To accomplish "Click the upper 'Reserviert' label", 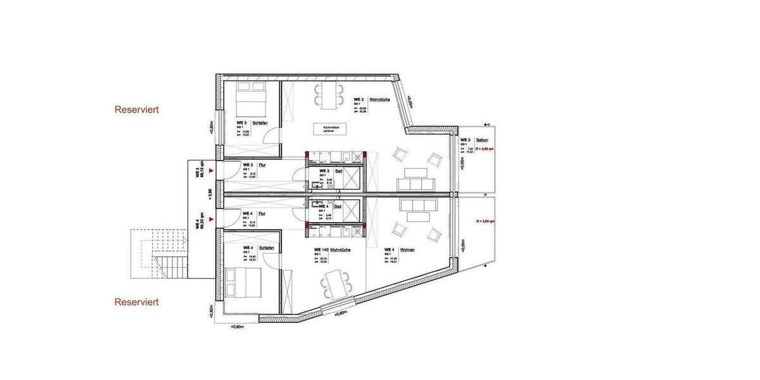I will coord(136,110).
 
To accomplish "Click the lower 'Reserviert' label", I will coord(136,302).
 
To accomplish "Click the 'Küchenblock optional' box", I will coord(333,129).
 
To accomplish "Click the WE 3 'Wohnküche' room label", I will coord(380,100).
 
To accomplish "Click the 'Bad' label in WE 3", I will coord(339,171).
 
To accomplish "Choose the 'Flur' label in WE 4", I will coord(262,213).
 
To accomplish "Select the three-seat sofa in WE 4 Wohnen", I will coord(418,205).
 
